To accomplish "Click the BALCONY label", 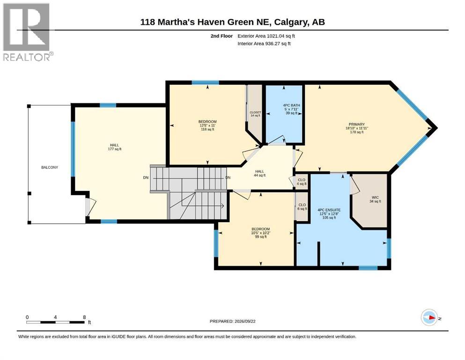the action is [x=50, y=167].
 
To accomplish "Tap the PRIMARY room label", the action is [x=357, y=124].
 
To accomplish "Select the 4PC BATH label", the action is [x=292, y=105].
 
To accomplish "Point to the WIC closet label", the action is [x=375, y=197].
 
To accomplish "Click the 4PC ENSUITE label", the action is [x=329, y=210].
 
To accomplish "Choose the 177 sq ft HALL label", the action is [x=114, y=145].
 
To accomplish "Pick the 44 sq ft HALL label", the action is [x=259, y=171].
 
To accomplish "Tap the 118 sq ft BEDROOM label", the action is [x=207, y=121].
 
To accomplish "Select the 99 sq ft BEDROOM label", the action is [x=261, y=229].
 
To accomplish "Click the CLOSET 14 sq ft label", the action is [x=255, y=112].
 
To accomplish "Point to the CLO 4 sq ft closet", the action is [x=302, y=181].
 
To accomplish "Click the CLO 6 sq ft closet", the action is [x=302, y=207].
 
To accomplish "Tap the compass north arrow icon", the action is [x=429, y=317].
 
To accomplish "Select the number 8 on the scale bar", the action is [x=84, y=317].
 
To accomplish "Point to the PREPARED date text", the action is [x=232, y=321].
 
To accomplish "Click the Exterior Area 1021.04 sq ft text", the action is [x=266, y=36].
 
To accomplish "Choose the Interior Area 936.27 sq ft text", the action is [x=264, y=43].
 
